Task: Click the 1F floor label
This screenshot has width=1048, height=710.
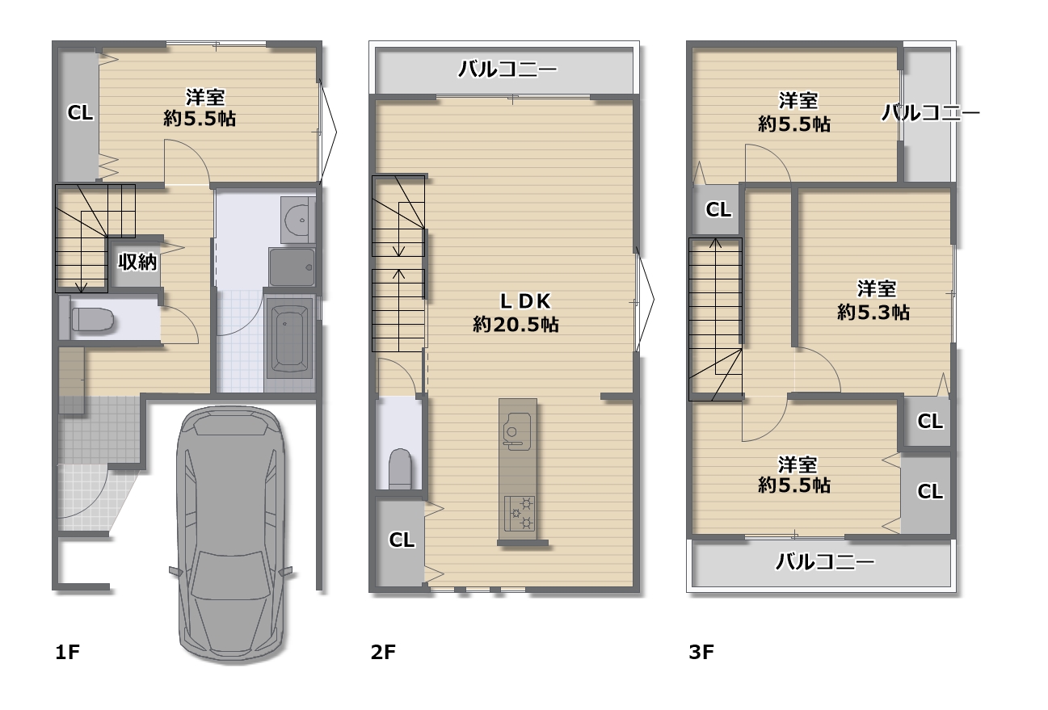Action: pos(67,652)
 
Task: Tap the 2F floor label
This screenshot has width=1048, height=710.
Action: pos(383,652)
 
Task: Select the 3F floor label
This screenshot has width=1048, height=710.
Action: pos(701,652)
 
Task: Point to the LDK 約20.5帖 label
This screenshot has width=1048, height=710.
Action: pos(516,313)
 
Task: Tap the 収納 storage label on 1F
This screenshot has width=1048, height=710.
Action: pos(137,262)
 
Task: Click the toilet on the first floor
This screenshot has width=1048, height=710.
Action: pos(86,320)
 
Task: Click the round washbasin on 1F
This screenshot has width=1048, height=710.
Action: pos(297,220)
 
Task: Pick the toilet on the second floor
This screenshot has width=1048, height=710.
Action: pos(400,468)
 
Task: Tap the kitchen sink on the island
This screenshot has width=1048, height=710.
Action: pos(516,431)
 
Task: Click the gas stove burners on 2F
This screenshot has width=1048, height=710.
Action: pos(520,513)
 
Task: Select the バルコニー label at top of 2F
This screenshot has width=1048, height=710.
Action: pos(507,69)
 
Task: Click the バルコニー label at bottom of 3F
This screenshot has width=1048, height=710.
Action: pos(825,561)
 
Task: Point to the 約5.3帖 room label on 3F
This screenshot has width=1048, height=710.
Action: pos(873,312)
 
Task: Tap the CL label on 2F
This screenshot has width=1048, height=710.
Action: pos(402,540)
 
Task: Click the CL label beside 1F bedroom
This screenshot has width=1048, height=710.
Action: pos(80,112)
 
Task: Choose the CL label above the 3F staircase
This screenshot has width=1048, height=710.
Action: pos(718,209)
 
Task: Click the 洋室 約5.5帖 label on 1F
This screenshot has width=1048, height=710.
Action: pos(200,108)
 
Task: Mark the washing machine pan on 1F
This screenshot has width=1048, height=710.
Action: pos(292,267)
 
